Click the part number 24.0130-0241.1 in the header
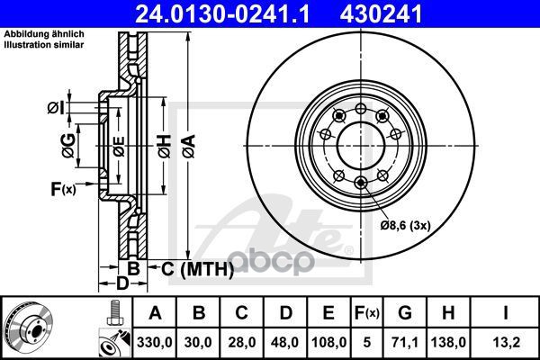(222, 14)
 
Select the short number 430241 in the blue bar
(381, 14)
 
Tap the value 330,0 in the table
(154, 342)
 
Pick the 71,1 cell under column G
(405, 342)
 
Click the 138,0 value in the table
(448, 342)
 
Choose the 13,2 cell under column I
(506, 342)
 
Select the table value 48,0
(285, 342)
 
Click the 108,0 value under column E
(328, 342)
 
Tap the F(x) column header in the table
(367, 313)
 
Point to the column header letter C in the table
(241, 313)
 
